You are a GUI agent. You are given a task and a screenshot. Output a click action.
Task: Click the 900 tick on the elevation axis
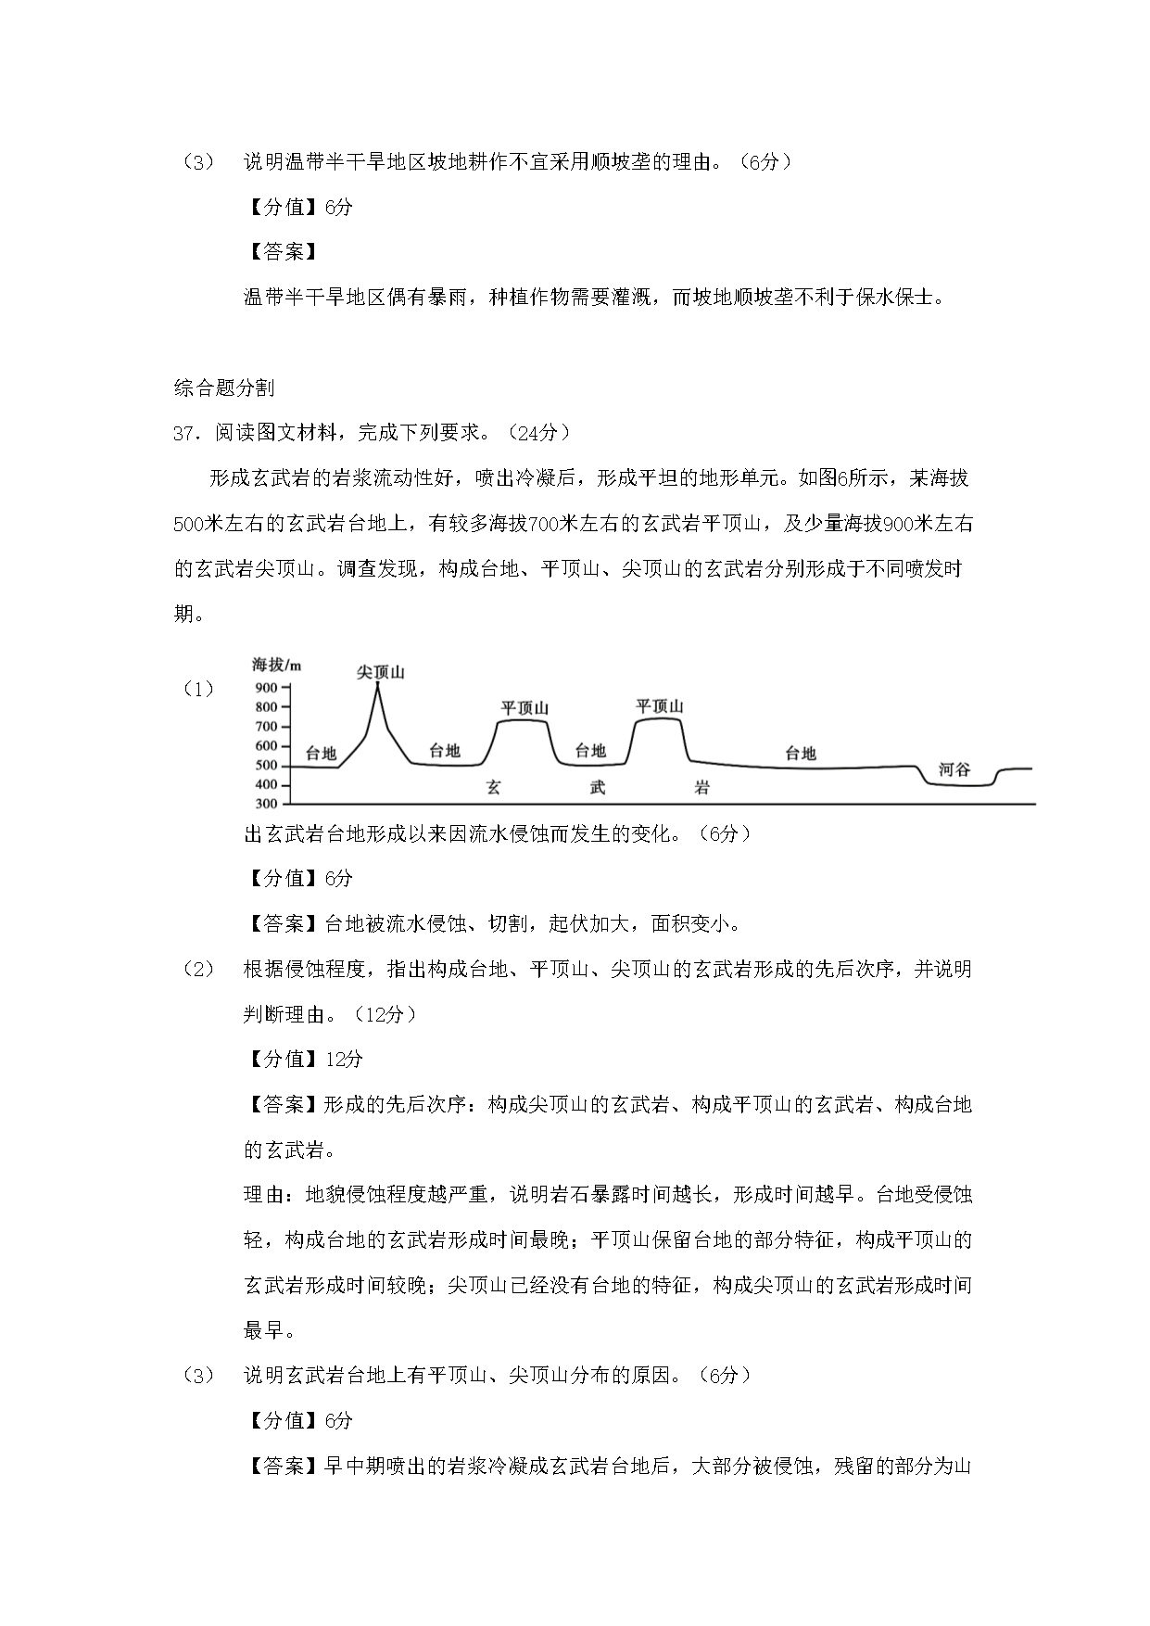coord(267,687)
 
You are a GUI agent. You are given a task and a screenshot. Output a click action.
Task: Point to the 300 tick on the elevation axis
coord(267,804)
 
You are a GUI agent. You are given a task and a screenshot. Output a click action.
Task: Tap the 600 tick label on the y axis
coord(267,745)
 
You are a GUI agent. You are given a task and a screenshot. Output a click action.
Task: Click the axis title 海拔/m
coord(277,664)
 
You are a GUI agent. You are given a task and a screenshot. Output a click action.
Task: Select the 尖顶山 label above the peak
coord(381,672)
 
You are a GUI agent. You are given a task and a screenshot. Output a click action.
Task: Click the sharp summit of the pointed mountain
coord(377,684)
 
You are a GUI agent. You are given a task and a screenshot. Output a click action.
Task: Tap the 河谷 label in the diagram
coord(954,769)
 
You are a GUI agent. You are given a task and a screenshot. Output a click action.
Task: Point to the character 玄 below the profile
coord(493,788)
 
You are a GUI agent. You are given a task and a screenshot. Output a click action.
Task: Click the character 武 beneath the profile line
coord(598,788)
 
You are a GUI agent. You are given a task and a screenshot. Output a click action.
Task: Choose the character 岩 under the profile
coord(702,788)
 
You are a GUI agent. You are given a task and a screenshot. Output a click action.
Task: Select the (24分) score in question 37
coord(539,433)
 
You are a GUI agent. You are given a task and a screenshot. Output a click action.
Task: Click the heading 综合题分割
coord(224,388)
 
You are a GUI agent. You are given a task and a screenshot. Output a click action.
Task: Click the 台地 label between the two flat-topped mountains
coord(590,751)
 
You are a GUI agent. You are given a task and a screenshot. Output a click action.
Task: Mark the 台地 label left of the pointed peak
coord(321,753)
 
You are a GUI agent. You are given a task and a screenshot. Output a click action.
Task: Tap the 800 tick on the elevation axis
coord(267,706)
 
